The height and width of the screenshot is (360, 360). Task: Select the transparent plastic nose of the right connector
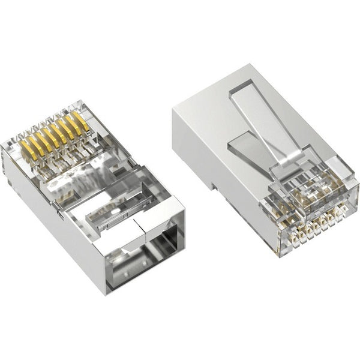306,192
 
